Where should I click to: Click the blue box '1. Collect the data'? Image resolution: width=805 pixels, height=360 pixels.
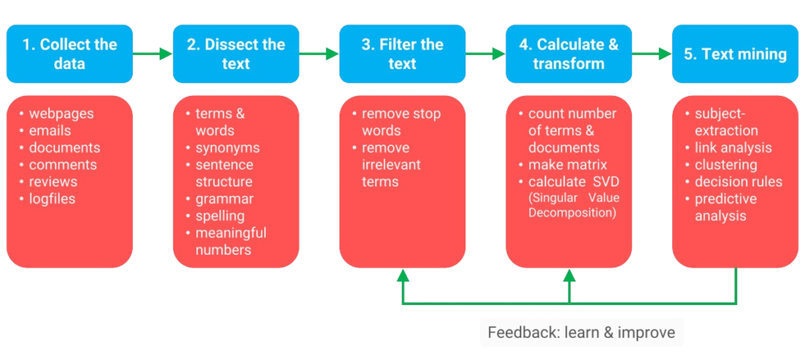tap(69, 54)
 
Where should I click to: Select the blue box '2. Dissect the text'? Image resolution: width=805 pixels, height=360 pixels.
tap(236, 54)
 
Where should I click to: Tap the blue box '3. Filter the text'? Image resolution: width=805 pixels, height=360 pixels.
tap(402, 54)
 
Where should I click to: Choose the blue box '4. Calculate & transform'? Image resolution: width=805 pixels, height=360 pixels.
tap(569, 54)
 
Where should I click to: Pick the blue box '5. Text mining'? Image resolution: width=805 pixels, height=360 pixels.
tap(735, 54)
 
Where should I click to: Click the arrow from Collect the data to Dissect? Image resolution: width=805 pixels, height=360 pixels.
tap(153, 53)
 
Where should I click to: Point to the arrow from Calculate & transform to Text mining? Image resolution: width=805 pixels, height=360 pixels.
tap(652, 53)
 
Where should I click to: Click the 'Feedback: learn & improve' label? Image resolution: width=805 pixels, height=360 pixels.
tap(581, 332)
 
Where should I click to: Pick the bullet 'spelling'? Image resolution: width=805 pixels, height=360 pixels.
tap(215, 215)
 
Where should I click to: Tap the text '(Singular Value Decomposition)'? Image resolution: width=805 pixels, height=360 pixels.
tap(574, 205)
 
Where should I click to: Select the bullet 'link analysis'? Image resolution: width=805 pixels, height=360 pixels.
tap(729, 148)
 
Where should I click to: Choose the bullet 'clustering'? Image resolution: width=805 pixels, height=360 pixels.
tap(722, 165)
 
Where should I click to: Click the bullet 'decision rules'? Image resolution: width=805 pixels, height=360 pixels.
tap(734, 182)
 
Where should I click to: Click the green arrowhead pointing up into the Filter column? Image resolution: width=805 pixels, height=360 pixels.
tap(403, 275)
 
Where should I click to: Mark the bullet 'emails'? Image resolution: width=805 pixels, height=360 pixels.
tap(45, 131)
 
